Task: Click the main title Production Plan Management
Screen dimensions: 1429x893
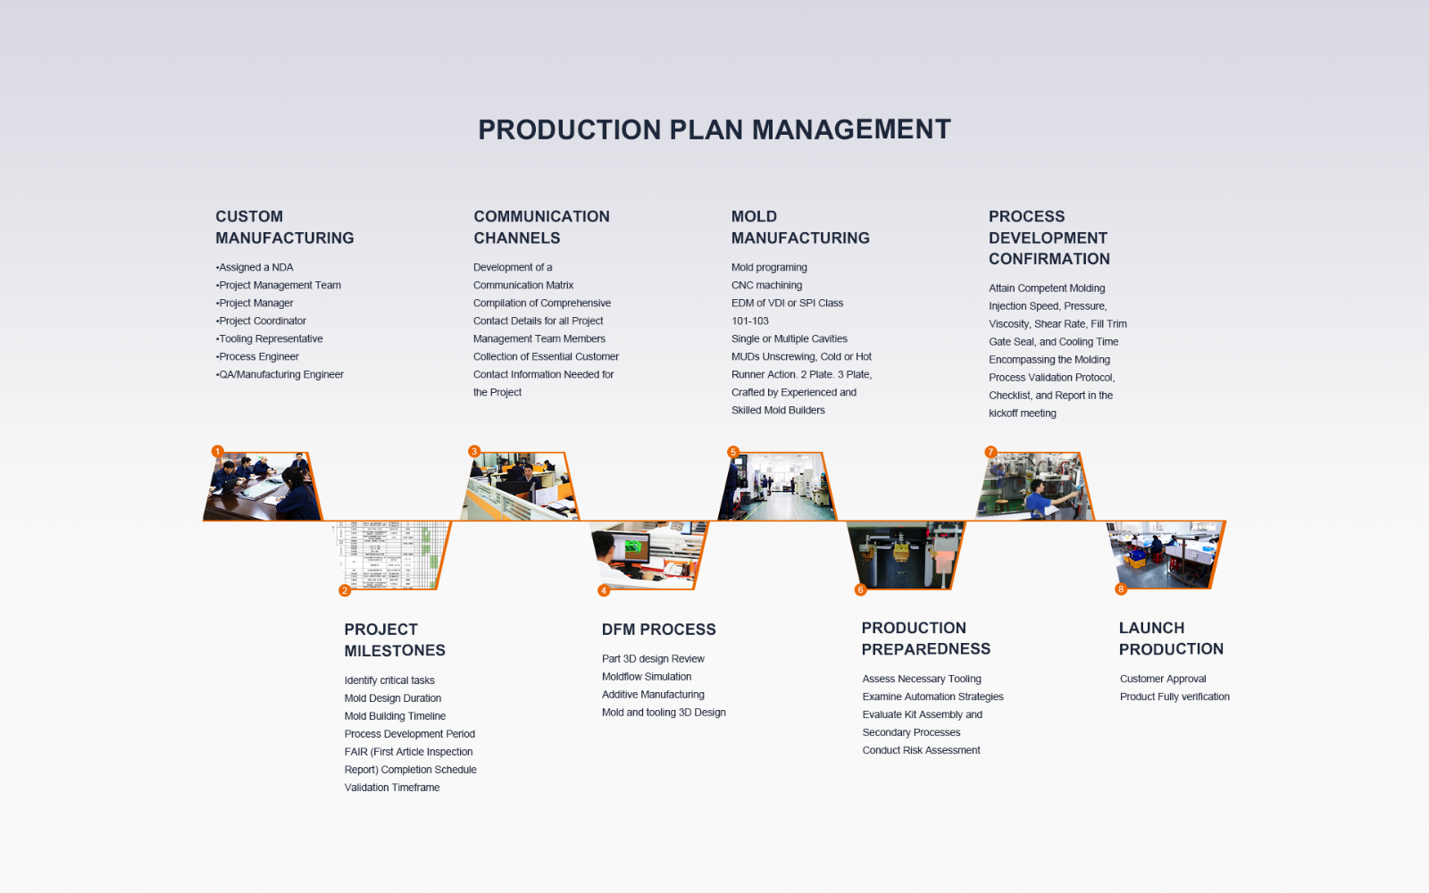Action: [x=714, y=129]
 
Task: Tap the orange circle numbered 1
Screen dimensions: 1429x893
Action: [x=218, y=452]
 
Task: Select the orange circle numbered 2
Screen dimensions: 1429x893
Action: [x=345, y=590]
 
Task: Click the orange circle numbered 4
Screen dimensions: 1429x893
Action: [x=604, y=590]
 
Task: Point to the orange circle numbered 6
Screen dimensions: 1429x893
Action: [x=861, y=589]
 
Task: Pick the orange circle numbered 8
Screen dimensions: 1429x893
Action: [x=1121, y=588]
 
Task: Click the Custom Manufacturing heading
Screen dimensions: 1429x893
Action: [x=285, y=227]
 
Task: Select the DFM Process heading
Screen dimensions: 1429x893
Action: [x=659, y=630]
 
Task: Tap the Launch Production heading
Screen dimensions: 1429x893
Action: [x=1171, y=638]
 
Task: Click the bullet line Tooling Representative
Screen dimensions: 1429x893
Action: [x=269, y=338]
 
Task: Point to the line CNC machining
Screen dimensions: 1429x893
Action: [x=767, y=285]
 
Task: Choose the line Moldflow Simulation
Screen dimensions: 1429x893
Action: [x=647, y=677]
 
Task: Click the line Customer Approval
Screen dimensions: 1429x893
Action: [x=1163, y=679]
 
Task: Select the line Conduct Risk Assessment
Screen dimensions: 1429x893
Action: [x=921, y=750]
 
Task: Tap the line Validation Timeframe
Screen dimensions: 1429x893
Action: [x=392, y=788]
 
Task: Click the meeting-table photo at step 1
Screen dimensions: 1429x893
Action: [x=263, y=487]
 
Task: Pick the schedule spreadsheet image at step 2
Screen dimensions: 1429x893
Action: [x=390, y=555]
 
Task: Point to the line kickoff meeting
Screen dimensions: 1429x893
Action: [x=1023, y=413]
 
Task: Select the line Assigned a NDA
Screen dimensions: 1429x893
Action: [x=255, y=267]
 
